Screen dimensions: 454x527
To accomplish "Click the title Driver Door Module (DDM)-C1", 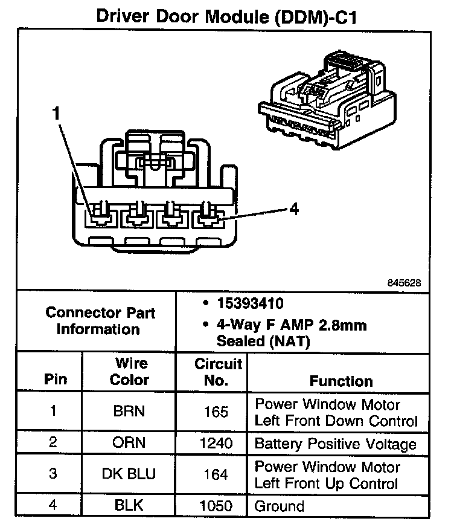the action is coord(226,16).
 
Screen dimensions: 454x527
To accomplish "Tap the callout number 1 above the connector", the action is coord(56,113).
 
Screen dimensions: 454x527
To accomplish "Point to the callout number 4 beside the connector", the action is coord(294,209).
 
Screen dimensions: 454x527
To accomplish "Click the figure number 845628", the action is coord(404,282).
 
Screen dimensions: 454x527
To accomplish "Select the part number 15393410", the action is coord(251,303).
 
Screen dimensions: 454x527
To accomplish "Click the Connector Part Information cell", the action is coord(100,321).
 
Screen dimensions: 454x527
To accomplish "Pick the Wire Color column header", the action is coord(130,372).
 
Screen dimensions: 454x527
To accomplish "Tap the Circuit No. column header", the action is coord(218,372).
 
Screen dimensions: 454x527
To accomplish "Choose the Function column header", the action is coord(341,381).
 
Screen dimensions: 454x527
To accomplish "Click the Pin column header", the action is coord(56,379).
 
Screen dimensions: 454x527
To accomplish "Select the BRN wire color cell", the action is coord(129,411).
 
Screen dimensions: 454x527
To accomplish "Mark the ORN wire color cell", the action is coord(129,442).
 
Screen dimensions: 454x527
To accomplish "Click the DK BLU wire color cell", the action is coord(129,474).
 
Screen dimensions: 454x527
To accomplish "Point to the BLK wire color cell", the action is coord(129,505).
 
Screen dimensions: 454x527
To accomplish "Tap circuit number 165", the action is coord(216,412).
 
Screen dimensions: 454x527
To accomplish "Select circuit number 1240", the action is coord(216,443).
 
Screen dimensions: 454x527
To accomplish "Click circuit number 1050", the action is coord(216,505).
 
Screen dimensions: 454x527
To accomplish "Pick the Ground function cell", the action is coord(280,506).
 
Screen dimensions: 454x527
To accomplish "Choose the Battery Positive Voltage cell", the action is coord(336,444).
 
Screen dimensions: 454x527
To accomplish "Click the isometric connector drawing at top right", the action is coord(327,100).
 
